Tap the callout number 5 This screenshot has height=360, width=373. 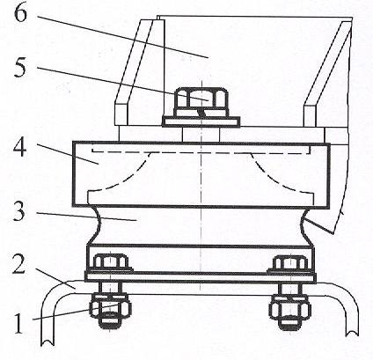click(20, 68)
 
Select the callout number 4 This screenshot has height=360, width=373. click(19, 147)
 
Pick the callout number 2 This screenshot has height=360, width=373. click(18, 264)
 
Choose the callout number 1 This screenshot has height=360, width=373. click(18, 323)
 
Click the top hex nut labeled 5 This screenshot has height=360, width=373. click(201, 99)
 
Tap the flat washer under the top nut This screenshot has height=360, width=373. click(201, 121)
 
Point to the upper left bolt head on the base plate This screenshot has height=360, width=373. click(110, 262)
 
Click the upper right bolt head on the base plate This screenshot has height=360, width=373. click(290, 262)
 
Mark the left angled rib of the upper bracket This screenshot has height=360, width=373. click(134, 73)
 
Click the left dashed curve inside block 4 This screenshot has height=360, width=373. click(127, 173)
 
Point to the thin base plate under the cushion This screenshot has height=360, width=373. click(201, 276)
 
